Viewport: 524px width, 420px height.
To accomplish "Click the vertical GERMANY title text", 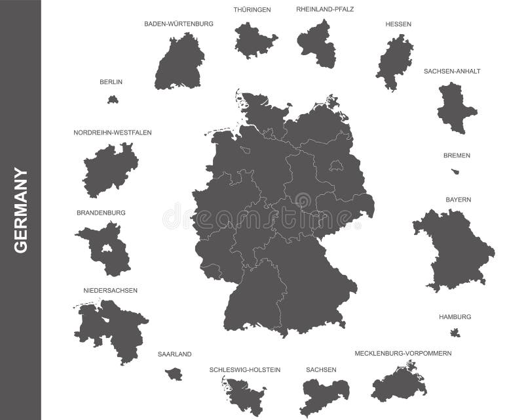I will click(x=20, y=210).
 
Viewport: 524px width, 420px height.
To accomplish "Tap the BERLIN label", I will click(x=111, y=82).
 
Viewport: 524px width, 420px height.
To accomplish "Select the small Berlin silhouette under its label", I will click(x=113, y=100).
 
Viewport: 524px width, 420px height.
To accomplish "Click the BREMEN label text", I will click(x=457, y=156).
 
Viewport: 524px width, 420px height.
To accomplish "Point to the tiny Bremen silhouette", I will click(x=456, y=172).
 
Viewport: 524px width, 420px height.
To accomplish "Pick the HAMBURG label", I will click(x=455, y=316).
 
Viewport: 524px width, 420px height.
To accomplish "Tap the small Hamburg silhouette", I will click(x=455, y=333).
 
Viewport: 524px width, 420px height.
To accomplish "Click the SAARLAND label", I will click(x=174, y=354).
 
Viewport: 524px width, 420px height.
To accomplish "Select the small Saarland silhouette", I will click(x=174, y=373).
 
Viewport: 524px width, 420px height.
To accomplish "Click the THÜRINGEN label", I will click(x=252, y=9).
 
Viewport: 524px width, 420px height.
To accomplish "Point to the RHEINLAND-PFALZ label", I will click(x=325, y=9).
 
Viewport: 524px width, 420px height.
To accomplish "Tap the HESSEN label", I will click(x=398, y=24).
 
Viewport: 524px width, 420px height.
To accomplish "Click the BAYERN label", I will click(x=458, y=199).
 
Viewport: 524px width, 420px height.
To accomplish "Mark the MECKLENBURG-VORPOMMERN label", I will click(x=403, y=353).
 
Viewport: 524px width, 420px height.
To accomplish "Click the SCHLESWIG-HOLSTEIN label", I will click(x=245, y=369).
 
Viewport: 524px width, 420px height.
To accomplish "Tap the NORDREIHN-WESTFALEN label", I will click(x=113, y=132).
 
